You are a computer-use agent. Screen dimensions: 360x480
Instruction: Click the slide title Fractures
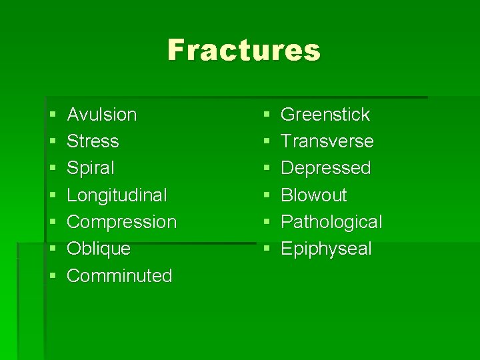tap(243, 50)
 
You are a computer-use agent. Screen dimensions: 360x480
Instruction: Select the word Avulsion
tap(102, 115)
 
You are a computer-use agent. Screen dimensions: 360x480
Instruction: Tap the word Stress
tap(93, 141)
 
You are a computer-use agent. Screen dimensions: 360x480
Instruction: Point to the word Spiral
tap(91, 168)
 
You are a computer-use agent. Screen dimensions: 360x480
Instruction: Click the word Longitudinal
tap(117, 195)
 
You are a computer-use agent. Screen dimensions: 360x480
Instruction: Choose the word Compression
tap(122, 222)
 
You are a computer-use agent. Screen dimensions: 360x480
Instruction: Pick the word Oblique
tap(99, 249)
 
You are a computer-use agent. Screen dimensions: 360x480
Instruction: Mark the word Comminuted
tap(120, 275)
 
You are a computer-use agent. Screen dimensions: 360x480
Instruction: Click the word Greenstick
tap(325, 115)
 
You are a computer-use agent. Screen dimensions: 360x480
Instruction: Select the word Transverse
tap(327, 141)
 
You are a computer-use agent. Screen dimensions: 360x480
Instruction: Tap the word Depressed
tap(326, 168)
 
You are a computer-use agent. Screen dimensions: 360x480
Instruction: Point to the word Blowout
tap(314, 195)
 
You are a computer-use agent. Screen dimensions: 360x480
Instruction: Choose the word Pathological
tap(332, 222)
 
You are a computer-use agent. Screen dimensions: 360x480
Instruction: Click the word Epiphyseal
tap(327, 249)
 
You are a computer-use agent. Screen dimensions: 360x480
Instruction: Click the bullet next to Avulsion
tap(52, 115)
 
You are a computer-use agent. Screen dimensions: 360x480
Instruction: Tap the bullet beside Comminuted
tap(52, 276)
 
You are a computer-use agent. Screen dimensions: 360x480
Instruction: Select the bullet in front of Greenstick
tap(266, 115)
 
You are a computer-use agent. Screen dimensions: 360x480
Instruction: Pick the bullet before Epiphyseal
tap(266, 249)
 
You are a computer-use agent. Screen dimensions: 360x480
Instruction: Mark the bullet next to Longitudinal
tap(52, 196)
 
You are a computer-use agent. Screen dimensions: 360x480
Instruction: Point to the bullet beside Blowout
tap(266, 196)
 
